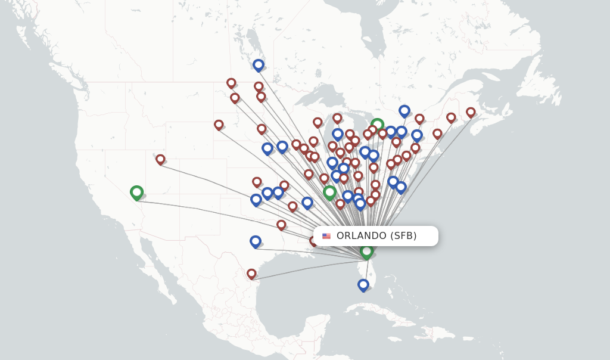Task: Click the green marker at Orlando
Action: click(366, 251)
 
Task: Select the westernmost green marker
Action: click(136, 192)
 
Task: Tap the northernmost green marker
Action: click(377, 125)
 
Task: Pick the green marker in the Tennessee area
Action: click(329, 191)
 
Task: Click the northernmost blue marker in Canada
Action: click(258, 64)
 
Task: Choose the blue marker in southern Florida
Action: click(363, 284)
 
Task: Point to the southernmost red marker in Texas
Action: click(251, 273)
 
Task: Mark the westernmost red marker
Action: click(160, 159)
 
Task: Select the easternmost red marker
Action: click(471, 111)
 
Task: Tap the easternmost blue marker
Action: click(417, 135)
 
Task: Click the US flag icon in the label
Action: click(326, 236)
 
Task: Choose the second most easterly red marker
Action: click(451, 117)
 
